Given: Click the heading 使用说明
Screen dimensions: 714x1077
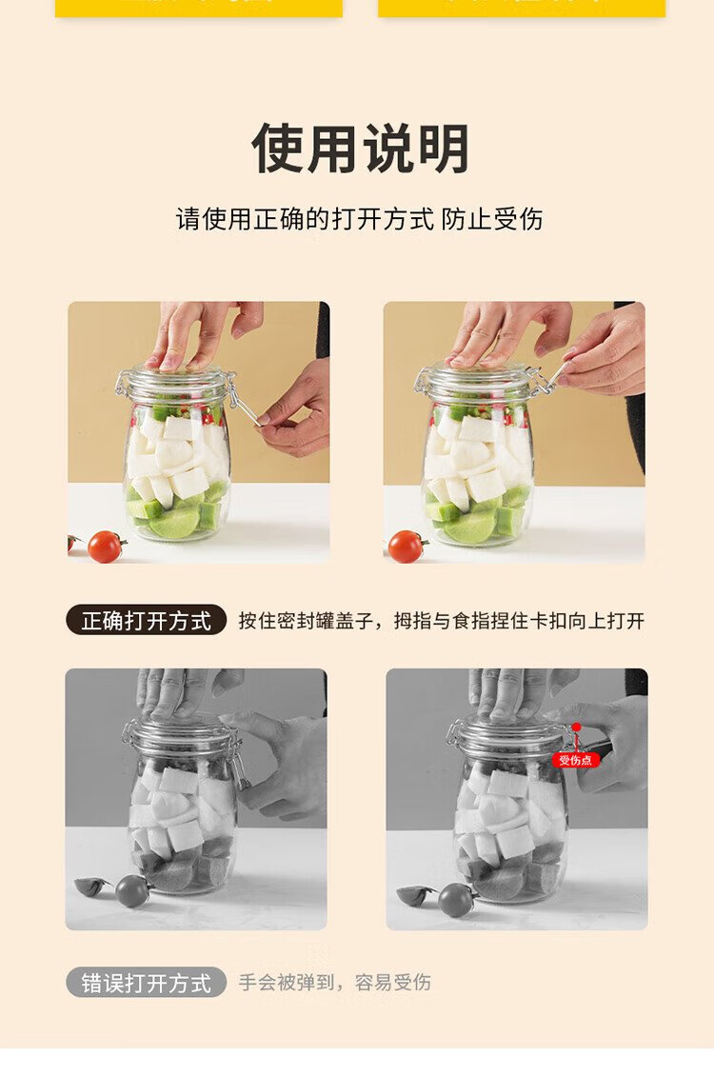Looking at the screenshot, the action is [361, 148].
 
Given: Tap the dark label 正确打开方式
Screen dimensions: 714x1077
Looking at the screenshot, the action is [146, 621].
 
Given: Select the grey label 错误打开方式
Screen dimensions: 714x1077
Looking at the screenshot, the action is [146, 982].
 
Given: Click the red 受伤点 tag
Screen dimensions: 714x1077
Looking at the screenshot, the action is [576, 760].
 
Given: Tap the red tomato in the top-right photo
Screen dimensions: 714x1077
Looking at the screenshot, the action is [405, 547].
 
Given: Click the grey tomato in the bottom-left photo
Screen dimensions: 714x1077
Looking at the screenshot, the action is [131, 890].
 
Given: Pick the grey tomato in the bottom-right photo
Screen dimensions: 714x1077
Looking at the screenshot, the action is [455, 899].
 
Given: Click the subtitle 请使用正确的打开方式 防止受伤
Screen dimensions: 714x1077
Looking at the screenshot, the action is [359, 220].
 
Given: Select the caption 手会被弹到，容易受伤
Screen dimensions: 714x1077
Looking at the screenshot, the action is [335, 982].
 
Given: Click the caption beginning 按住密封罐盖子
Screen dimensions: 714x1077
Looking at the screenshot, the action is [442, 621].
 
